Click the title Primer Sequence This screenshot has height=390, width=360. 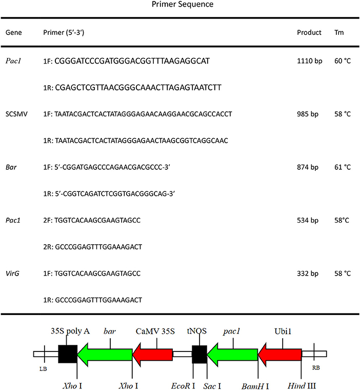[179, 5]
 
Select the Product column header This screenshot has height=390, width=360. [309, 32]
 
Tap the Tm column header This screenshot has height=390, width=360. [339, 32]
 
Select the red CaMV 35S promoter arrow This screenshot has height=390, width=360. [152, 354]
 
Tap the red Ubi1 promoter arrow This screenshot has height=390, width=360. [279, 354]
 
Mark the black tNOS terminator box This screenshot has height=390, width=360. [199, 354]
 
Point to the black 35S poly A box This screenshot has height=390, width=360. [67, 354]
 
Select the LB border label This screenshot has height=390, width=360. [43, 368]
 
